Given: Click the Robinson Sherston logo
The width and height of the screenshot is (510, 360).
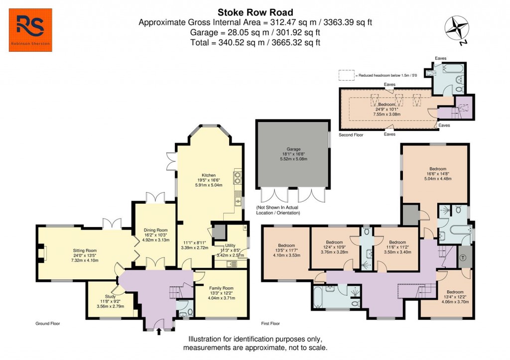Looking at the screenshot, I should [30, 33].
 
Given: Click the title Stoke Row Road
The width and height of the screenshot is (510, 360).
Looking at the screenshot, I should [255, 12].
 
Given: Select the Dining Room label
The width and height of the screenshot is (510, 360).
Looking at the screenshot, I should [153, 230].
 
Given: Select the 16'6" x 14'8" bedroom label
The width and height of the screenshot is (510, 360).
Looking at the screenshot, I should [435, 169].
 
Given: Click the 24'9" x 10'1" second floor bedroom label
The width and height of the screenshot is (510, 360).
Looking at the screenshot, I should [386, 104].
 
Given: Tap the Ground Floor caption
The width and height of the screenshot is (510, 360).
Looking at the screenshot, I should [48, 324].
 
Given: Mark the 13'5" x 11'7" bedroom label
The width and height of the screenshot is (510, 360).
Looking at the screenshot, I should [287, 245].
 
